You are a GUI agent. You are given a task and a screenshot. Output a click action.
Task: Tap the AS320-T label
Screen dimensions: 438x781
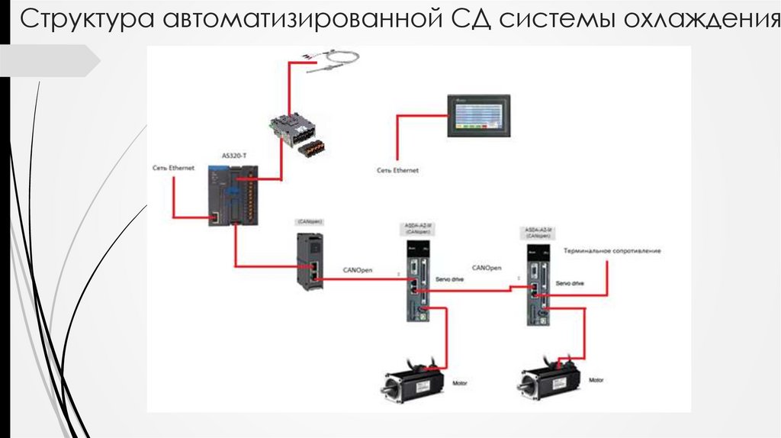pos(233,156)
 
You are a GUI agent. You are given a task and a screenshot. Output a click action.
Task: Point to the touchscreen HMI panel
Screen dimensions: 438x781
pos(478,117)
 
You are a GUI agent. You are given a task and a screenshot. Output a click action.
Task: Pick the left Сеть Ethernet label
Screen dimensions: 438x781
pos(173,166)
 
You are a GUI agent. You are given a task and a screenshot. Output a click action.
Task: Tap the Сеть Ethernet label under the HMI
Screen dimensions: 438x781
pos(397,171)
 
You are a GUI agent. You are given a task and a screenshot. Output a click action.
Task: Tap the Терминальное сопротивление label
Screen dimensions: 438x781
pos(612,250)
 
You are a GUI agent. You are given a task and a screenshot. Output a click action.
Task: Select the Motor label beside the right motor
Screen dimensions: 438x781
pos(596,379)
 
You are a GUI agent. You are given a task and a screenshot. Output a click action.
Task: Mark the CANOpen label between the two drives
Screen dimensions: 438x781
pos(487,268)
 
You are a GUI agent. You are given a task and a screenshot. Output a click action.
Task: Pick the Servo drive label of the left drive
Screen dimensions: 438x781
pos(449,280)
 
